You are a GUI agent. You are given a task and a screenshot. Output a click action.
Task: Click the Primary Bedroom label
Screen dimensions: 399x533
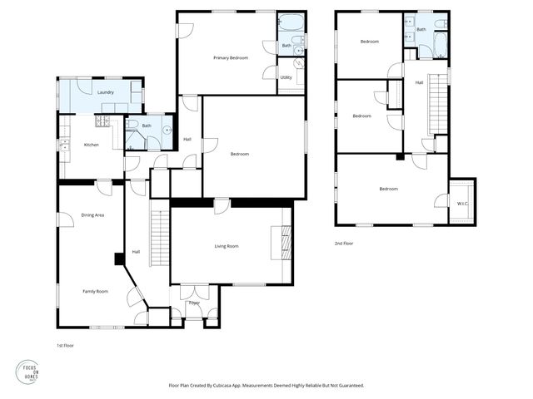[230, 57]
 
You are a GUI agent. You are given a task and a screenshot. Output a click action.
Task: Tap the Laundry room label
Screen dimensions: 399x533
[105, 92]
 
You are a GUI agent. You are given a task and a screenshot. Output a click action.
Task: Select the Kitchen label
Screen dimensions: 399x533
[92, 145]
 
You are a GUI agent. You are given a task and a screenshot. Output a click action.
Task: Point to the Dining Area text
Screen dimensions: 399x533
[92, 215]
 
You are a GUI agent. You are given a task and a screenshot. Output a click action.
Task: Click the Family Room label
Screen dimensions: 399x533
[94, 292]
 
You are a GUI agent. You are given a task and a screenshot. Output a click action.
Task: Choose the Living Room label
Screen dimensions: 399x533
[227, 246]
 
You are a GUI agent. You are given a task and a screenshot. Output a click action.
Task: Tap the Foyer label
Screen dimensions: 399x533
[194, 303]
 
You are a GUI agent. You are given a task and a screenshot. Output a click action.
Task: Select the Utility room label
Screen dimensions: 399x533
[286, 77]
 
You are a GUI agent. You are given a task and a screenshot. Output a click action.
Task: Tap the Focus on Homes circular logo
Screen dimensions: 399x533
[29, 372]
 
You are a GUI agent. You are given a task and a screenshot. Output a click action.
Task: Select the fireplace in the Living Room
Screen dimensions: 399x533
[286, 243]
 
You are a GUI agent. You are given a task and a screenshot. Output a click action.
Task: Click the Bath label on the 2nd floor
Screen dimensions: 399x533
[421, 29]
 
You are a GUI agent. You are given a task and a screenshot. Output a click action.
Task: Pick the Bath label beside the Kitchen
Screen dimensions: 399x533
[147, 126]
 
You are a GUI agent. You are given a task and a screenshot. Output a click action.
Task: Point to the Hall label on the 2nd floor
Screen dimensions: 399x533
[419, 82]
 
